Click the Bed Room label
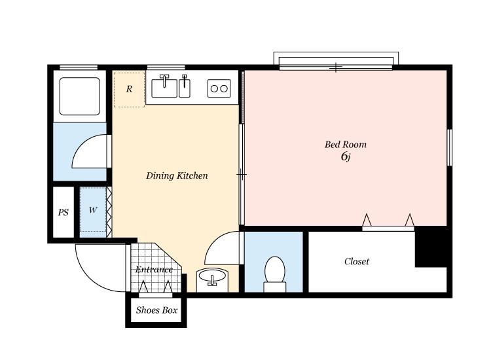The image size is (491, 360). coord(346,144)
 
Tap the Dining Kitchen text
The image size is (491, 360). coord(177,175)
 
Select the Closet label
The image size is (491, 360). coord(357,261)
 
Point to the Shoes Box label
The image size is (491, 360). coord(156,310)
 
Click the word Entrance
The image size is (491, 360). coord(154,270)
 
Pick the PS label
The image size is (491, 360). coord(64,212)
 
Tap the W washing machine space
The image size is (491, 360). coord(93,209)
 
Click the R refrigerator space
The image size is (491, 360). coord(129,90)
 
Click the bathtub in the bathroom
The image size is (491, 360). coord(80,96)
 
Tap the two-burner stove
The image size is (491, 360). coord(219,88)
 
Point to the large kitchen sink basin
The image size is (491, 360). coord(164,88)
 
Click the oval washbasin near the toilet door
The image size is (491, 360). coord(212,276)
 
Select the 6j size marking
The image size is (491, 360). coord(346,156)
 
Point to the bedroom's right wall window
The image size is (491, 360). coord(449,147)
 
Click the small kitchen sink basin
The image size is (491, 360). coord(185,88)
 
